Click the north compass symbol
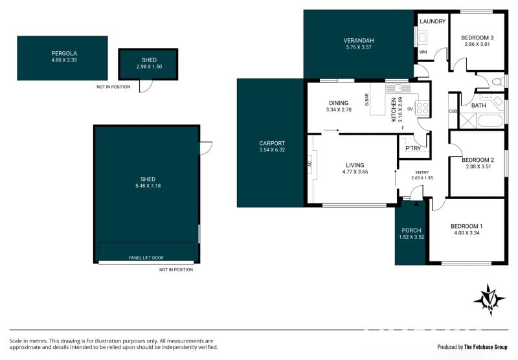[x=490, y=300]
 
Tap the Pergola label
[x=64, y=53]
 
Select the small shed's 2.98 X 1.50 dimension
[x=149, y=67]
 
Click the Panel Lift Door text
[x=146, y=258]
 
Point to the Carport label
[x=272, y=143]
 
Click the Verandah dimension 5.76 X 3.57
[x=359, y=47]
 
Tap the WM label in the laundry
[x=423, y=52]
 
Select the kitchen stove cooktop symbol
[x=422, y=108]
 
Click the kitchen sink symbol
[x=398, y=89]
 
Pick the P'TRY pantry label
[x=413, y=148]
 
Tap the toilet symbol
[x=497, y=82]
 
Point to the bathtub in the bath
[x=490, y=120]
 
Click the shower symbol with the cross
[x=468, y=120]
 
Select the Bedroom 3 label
[x=477, y=38]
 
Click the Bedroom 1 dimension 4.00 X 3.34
[x=467, y=232]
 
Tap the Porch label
[x=411, y=231]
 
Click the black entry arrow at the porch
[x=416, y=204]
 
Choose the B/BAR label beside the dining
[x=366, y=100]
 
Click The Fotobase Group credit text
[x=486, y=347]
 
